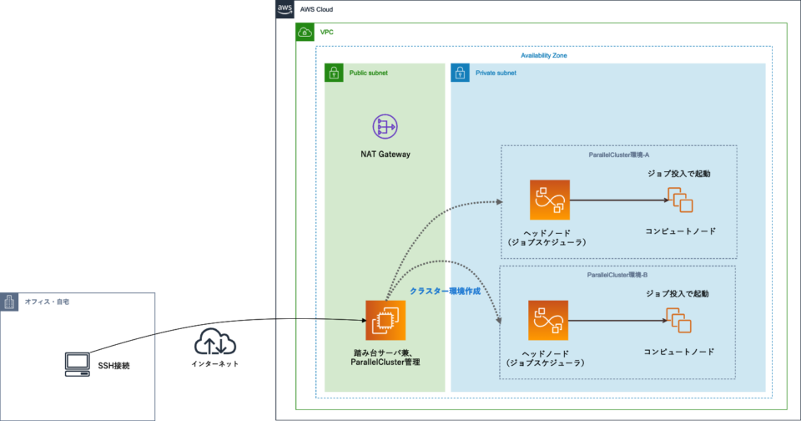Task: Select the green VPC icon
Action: pyautogui.click(x=305, y=33)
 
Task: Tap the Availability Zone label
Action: pyautogui.click(x=544, y=55)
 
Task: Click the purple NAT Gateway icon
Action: pyautogui.click(x=385, y=127)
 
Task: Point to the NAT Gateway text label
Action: pyautogui.click(x=385, y=155)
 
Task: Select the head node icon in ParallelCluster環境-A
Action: pyautogui.click(x=548, y=200)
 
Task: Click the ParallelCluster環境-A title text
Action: pyautogui.click(x=618, y=155)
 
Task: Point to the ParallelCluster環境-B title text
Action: pyautogui.click(x=617, y=275)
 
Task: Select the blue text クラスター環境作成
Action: pyautogui.click(x=445, y=291)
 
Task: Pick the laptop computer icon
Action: pyautogui.click(x=78, y=363)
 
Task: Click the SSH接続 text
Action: pyautogui.click(x=115, y=365)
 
